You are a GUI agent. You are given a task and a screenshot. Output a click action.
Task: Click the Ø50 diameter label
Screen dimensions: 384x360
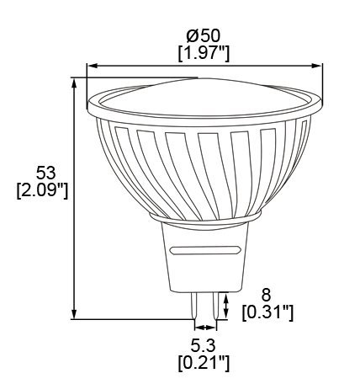coord(205,36)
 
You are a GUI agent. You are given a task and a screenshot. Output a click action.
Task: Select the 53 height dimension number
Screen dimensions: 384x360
coord(41,173)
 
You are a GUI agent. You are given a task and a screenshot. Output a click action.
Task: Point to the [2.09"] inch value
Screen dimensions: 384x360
coord(41,190)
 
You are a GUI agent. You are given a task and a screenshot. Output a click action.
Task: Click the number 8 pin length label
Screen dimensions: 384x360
coord(267,296)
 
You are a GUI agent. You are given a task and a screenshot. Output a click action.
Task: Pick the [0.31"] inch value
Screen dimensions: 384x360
coord(267,312)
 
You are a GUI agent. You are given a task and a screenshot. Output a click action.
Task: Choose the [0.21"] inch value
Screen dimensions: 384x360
coord(205,363)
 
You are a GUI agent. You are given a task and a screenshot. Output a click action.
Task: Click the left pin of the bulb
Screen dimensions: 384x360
coord(198,304)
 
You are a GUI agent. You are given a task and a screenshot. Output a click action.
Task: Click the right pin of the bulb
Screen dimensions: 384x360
coord(216,304)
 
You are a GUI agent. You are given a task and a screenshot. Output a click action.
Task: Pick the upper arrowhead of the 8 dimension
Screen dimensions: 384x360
coord(225,295)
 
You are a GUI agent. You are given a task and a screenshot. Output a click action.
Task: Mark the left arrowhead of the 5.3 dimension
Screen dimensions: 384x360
coord(197,328)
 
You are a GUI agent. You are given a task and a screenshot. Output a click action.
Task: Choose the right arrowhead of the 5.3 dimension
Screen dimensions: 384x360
coord(215,328)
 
